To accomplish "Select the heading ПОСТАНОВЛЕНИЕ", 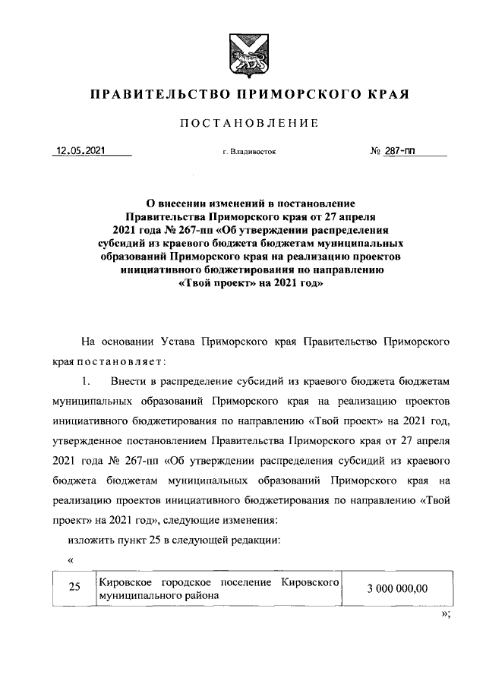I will (x=243, y=124).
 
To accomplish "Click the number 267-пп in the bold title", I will (x=187, y=230).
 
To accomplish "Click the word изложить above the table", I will (x=90, y=540).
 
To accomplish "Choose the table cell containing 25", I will (x=74, y=588).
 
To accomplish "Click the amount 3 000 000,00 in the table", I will (x=397, y=588).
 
